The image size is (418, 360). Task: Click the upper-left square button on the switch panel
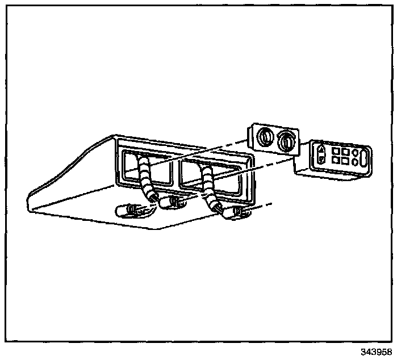click(x=336, y=152)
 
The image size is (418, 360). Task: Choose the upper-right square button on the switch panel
click(x=345, y=152)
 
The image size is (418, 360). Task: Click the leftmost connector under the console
click(x=128, y=210)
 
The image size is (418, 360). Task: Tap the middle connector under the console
click(x=172, y=202)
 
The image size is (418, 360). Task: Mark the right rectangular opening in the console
click(x=213, y=178)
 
